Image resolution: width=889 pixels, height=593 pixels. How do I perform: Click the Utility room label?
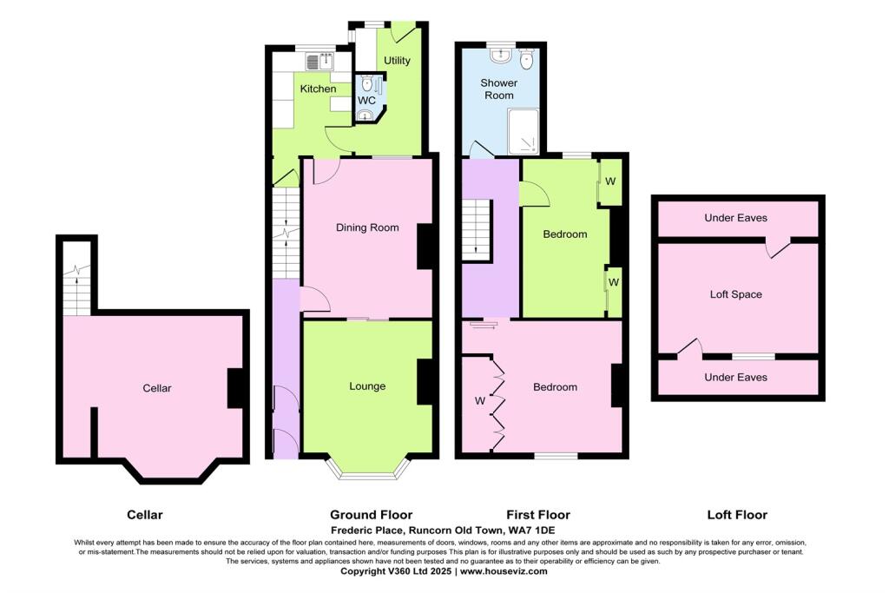tap(398, 61)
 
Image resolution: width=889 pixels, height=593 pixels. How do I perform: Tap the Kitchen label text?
tap(318, 89)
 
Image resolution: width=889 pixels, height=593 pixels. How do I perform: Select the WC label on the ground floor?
tap(366, 101)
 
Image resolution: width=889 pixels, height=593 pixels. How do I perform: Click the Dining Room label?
tap(367, 227)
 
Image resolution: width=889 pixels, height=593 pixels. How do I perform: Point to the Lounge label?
tap(367, 386)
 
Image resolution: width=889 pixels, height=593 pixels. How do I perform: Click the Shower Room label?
tap(499, 89)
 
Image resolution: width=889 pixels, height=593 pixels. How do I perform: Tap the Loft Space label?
tap(735, 294)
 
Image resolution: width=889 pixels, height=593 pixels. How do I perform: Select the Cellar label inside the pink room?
tap(157, 388)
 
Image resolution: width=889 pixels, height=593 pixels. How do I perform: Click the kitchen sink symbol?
tap(321, 61)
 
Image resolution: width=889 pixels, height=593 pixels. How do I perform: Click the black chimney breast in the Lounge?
tap(425, 382)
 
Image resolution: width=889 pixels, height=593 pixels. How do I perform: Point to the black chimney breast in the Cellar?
tap(235, 388)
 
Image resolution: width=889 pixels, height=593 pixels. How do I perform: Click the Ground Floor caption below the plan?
tap(372, 515)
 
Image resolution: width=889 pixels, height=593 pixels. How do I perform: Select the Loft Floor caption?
tap(737, 515)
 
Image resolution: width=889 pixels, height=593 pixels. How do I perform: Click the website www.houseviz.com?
tap(503, 571)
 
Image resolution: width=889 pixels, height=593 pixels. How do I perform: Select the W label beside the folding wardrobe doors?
tap(479, 401)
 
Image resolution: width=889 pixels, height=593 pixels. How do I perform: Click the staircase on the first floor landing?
tap(477, 228)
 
